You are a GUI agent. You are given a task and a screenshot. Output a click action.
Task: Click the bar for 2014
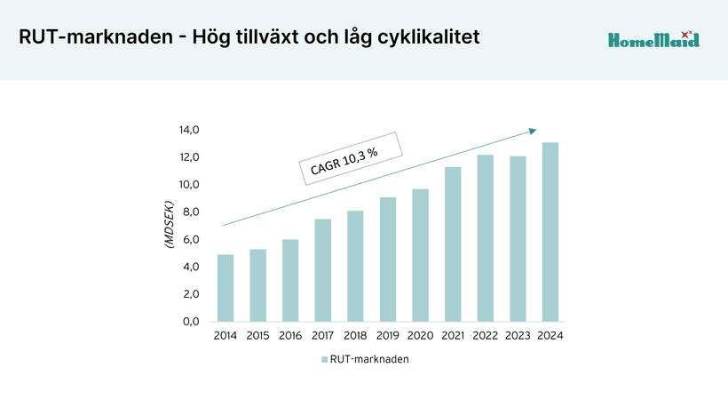[226, 288]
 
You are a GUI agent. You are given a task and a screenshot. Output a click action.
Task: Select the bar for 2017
[322, 270]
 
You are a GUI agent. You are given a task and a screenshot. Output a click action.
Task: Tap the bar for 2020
[420, 255]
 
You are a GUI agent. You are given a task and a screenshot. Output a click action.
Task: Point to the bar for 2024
[550, 232]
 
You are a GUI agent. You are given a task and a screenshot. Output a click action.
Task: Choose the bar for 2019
[388, 260]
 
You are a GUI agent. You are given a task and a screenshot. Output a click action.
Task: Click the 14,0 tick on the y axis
[190, 130]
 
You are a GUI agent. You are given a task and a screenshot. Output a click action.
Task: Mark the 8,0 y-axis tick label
[190, 212]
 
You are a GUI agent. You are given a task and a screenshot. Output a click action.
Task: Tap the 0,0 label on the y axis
[190, 321]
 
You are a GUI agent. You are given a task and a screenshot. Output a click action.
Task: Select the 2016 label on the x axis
[290, 336]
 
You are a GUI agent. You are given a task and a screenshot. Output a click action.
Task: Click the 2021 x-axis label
[453, 336]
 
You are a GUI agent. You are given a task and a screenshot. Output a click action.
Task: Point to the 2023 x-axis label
[518, 336]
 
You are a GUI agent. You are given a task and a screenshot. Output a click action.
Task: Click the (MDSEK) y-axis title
[168, 226]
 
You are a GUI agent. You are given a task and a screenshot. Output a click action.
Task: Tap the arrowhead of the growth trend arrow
[533, 131]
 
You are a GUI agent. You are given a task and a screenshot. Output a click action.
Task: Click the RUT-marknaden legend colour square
[324, 360]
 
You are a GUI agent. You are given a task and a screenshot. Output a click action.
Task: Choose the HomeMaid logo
[653, 39]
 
